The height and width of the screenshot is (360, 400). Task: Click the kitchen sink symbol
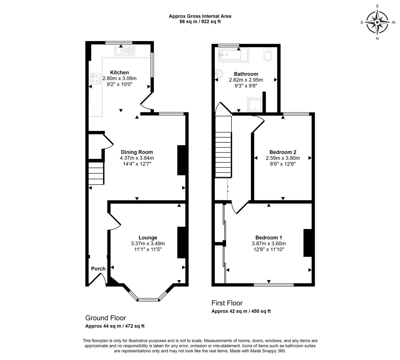pyautogui.click(x=125, y=51)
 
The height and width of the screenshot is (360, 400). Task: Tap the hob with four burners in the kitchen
pyautogui.click(x=95, y=79)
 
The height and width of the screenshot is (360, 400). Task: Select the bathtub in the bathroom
pyautogui.click(x=234, y=55)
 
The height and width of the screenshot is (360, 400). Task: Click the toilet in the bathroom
pyautogui.click(x=268, y=54)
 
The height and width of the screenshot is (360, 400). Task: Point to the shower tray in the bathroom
pyautogui.click(x=255, y=105)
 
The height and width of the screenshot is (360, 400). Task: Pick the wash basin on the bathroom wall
pyautogui.click(x=220, y=74)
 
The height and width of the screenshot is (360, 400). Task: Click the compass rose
pyautogui.click(x=377, y=22)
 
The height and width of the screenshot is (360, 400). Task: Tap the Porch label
pyautogui.click(x=98, y=268)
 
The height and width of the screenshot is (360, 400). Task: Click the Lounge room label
pyautogui.click(x=148, y=238)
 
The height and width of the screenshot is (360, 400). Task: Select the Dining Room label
pyautogui.click(x=137, y=152)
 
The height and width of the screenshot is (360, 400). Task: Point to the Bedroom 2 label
pyautogui.click(x=283, y=152)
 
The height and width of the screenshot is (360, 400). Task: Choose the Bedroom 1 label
pyautogui.click(x=269, y=238)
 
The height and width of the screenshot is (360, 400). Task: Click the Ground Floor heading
pyautogui.click(x=106, y=318)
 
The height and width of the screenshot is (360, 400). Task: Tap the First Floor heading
pyautogui.click(x=227, y=303)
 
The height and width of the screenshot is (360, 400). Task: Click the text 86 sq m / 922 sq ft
pyautogui.click(x=200, y=22)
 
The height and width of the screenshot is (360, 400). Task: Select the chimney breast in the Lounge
pyautogui.click(x=181, y=242)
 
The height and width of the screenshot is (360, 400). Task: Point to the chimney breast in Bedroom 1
pyautogui.click(x=308, y=243)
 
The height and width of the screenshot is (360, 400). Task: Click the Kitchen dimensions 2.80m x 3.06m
pyautogui.click(x=119, y=78)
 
